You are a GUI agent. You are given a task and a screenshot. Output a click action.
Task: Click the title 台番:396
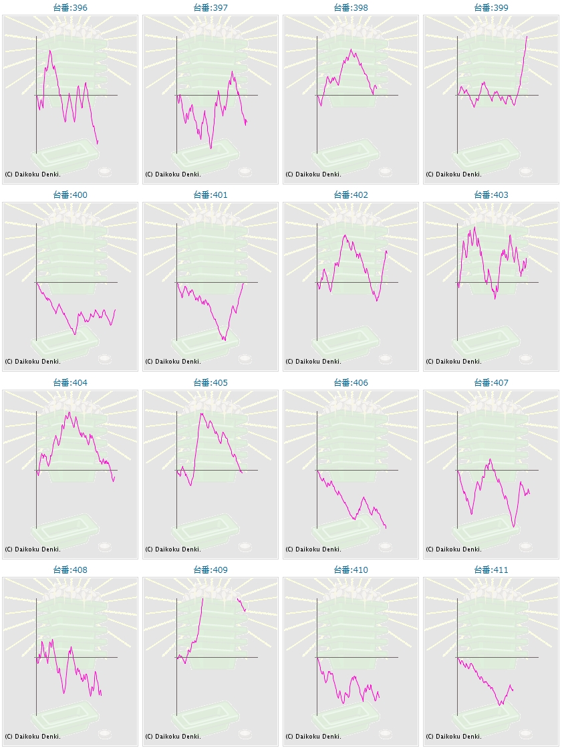70,7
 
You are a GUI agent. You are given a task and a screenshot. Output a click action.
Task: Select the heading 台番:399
491,7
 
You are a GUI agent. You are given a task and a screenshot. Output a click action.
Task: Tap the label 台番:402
351,195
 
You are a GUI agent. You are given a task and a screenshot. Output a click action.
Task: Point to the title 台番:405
210,383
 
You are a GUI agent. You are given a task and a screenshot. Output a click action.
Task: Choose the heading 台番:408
70,570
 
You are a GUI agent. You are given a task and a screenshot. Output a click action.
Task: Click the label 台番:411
491,570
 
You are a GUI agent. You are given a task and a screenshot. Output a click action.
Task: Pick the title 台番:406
351,383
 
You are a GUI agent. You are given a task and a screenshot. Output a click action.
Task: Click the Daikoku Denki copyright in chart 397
173,174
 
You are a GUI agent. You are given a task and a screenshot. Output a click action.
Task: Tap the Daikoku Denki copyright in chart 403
454,362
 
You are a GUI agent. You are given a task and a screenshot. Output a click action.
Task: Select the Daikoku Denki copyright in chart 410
313,737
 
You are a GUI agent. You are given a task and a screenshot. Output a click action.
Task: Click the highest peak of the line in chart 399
527,36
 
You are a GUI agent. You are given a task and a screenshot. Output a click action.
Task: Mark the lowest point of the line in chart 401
225,341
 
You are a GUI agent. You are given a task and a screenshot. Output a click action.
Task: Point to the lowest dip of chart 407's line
514,527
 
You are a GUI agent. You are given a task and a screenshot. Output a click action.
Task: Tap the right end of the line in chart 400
116,309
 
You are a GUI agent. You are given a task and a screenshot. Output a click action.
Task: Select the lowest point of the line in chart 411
500,705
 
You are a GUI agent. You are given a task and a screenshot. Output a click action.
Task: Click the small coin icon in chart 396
105,172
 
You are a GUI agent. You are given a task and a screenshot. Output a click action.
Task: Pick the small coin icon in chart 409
245,734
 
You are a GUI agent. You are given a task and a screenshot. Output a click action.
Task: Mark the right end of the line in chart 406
386,528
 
